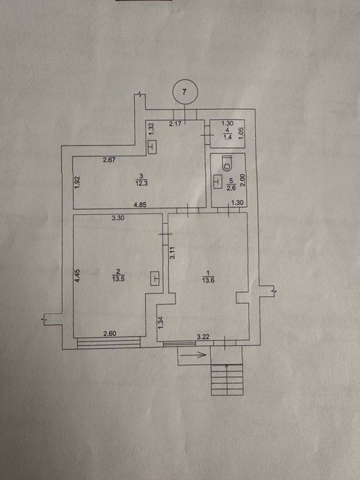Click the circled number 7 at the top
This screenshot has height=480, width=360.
(185, 92)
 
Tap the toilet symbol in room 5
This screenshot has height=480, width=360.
(227, 163)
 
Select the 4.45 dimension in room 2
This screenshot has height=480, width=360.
(78, 275)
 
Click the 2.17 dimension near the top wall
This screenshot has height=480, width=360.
(176, 124)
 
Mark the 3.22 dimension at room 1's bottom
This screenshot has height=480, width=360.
(203, 337)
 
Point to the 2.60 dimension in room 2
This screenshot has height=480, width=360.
(110, 334)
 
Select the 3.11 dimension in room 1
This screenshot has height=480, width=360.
(172, 254)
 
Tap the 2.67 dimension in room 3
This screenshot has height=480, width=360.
(109, 160)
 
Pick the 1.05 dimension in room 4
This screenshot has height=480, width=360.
(241, 134)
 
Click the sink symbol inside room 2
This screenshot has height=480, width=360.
(156, 278)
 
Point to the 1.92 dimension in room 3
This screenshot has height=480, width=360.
(77, 182)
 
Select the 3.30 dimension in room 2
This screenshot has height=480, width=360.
(117, 218)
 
